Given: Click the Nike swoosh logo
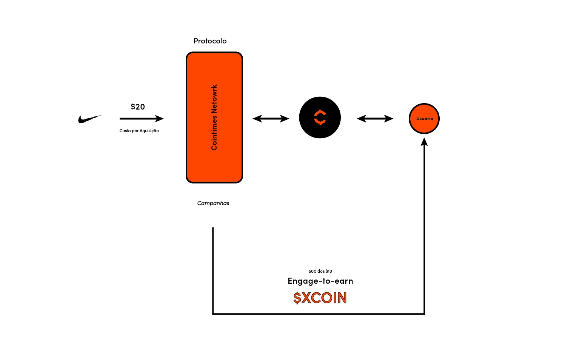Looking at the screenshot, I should coord(89,119).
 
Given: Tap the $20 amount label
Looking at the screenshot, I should coord(138,107).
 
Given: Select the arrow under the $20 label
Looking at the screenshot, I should coord(141,119).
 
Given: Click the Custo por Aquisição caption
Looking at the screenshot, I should coord(139,131).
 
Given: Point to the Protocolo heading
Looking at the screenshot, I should coord(210,41).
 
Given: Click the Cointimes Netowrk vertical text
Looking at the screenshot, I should coord(214,117).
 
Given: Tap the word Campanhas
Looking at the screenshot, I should coord(213,203).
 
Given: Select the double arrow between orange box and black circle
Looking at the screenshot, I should coord(271,119).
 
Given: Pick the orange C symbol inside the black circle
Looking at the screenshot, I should coord(320,117).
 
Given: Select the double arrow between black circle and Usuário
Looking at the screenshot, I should coord(375,119).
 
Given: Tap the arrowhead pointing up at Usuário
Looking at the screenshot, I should coord(424,142).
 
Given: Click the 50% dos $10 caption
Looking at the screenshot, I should coord(320,271).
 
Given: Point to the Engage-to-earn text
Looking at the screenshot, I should coord(320,281).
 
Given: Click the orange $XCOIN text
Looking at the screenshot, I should coord(320,298).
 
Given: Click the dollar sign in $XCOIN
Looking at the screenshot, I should coord(297,298).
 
